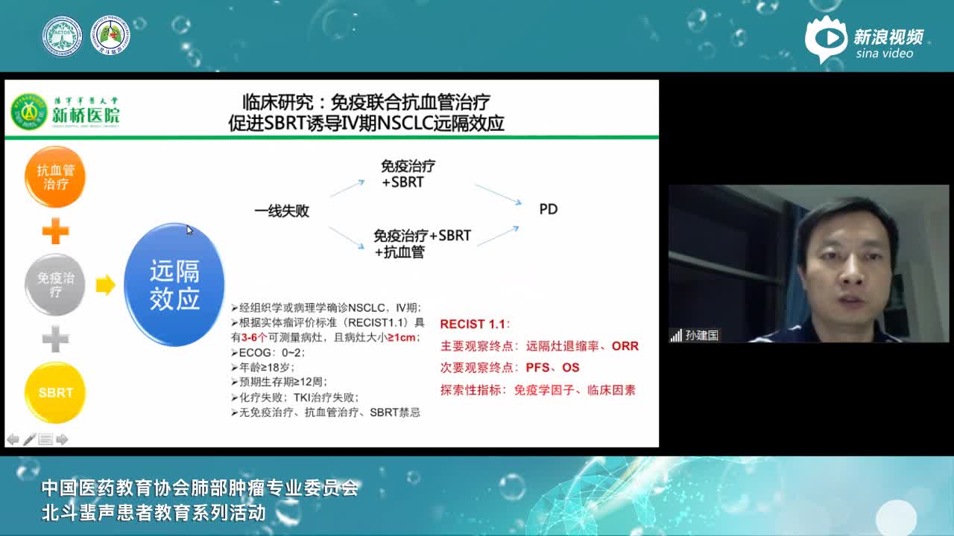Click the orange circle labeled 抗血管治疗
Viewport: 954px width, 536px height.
55,177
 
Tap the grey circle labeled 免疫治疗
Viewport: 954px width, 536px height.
55,284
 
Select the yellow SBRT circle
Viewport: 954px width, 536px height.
55,392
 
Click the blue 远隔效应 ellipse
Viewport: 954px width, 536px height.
174,285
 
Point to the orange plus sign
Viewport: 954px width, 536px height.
55,232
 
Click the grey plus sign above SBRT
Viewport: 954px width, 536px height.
55,339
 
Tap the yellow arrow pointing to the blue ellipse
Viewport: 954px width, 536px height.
105,284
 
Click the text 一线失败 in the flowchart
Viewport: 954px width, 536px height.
282,211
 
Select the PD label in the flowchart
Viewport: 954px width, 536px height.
548,209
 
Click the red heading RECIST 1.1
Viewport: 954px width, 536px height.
473,325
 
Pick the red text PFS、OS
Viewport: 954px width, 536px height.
552,368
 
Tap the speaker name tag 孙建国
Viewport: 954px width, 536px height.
701,336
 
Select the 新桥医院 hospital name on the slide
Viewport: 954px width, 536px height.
86,116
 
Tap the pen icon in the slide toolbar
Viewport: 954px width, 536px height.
29,439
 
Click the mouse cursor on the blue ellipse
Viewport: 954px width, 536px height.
189,230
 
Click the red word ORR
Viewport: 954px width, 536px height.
625,346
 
